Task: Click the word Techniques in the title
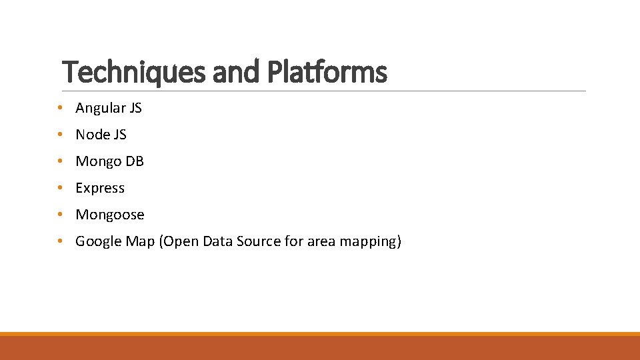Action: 134,72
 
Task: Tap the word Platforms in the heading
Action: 326,72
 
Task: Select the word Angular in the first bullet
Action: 98,108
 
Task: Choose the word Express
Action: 100,188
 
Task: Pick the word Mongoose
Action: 110,215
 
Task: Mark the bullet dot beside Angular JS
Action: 60,108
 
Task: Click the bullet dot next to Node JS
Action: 60,135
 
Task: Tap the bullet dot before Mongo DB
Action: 60,161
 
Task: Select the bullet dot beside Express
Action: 60,188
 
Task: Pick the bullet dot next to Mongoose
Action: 60,215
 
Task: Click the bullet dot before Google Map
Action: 60,241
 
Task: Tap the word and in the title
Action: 236,72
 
